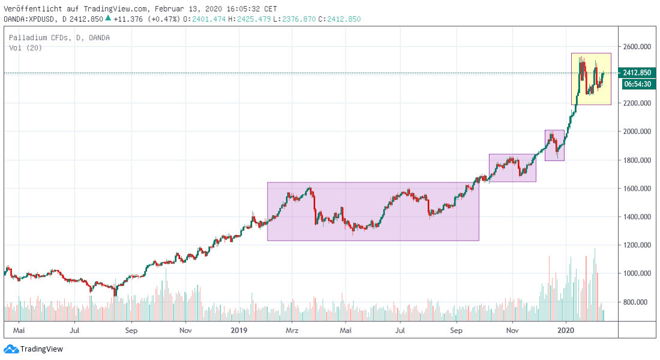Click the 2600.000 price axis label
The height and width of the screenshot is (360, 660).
[x=637, y=46]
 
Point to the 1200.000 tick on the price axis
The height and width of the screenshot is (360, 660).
[x=637, y=245]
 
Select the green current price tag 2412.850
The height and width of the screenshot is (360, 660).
[x=637, y=73]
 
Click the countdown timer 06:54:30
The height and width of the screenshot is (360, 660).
[x=637, y=85]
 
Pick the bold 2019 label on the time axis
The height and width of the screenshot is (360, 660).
[x=239, y=330]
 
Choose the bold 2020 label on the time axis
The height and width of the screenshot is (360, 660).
[x=566, y=330]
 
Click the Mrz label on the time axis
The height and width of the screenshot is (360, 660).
[x=292, y=330]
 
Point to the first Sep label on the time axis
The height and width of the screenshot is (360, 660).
[x=132, y=330]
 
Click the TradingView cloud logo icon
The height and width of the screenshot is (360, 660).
[x=10, y=349]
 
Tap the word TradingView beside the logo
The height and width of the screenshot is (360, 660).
[x=41, y=349]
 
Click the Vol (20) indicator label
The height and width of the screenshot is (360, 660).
[x=25, y=48]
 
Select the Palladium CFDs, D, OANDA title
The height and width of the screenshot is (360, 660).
[x=59, y=38]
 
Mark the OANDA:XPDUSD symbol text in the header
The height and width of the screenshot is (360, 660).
[x=31, y=19]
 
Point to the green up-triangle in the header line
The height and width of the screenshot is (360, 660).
[x=108, y=18]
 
